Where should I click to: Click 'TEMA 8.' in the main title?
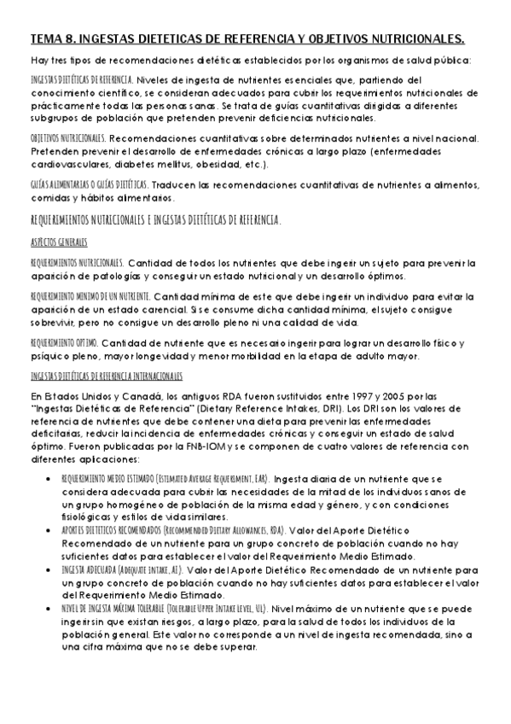click(52, 38)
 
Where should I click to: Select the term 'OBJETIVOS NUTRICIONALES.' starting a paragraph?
click(67, 137)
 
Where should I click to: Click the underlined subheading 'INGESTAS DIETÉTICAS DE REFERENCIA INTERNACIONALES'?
click(106, 376)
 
